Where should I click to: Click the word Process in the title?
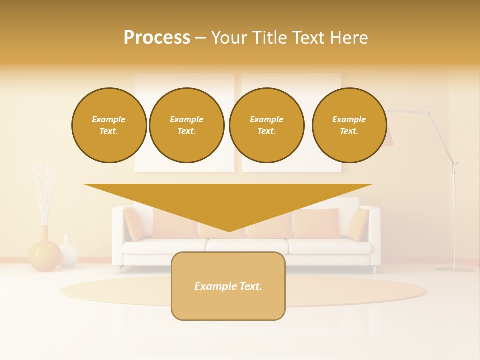point(157,37)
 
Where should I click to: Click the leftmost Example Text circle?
point(109,125)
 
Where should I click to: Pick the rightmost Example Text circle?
point(349,125)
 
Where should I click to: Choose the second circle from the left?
point(187,125)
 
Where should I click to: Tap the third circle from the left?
point(266,125)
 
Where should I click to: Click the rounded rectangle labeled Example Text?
point(228,286)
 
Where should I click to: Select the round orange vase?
point(44,255)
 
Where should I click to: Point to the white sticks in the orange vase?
point(44,192)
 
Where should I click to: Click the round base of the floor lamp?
point(454,269)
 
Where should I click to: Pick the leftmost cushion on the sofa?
point(134,224)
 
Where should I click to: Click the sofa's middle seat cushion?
point(247,245)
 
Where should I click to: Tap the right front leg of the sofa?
point(374,269)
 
